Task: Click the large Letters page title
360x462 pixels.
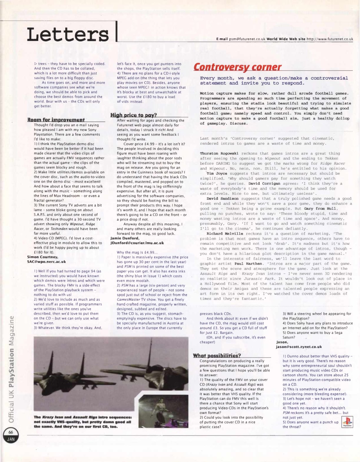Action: click(x=68, y=34)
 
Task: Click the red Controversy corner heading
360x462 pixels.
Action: click(x=237, y=67)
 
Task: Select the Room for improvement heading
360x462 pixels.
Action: click(x=56, y=120)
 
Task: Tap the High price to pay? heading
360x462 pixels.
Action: click(x=134, y=115)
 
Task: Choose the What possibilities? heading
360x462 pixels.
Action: click(x=217, y=355)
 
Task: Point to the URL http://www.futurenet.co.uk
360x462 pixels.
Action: click(x=330, y=39)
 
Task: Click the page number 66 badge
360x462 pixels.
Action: click(x=11, y=434)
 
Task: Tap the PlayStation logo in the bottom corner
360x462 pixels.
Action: click(x=347, y=422)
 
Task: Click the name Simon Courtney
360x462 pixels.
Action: click(x=43, y=257)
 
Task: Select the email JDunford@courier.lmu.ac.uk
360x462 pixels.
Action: click(x=137, y=243)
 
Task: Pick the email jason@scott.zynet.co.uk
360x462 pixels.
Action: click(x=299, y=347)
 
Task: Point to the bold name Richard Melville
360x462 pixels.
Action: click(x=225, y=234)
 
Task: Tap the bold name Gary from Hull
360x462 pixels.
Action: click(x=321, y=209)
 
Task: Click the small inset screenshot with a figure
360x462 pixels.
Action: click(x=163, y=411)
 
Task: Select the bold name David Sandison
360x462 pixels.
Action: click(x=223, y=199)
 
